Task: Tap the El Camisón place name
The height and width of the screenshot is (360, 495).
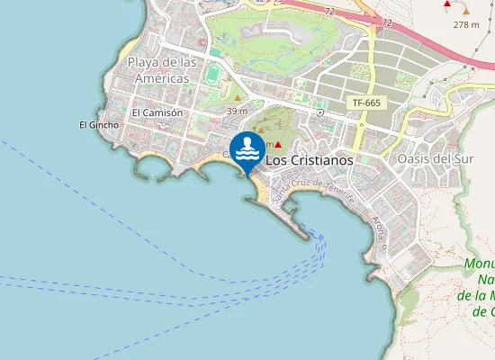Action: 157,112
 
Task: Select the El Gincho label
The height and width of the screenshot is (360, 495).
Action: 99,124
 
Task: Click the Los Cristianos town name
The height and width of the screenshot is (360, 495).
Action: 309,159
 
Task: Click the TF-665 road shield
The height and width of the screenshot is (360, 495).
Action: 366,103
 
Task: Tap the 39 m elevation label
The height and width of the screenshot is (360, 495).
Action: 238,111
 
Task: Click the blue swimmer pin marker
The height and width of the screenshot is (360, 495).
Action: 247,149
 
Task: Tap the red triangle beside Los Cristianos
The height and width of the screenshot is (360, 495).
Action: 279,145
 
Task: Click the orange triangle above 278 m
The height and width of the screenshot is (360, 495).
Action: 466,10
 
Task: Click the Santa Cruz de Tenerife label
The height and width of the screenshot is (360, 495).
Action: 313,190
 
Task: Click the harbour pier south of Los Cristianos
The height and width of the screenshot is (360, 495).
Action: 297,223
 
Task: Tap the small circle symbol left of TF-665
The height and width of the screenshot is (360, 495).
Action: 320,113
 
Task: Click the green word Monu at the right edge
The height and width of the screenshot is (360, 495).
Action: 481,264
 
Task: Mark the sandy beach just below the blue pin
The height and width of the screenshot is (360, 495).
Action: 255,185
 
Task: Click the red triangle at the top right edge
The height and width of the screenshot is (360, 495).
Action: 448,4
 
